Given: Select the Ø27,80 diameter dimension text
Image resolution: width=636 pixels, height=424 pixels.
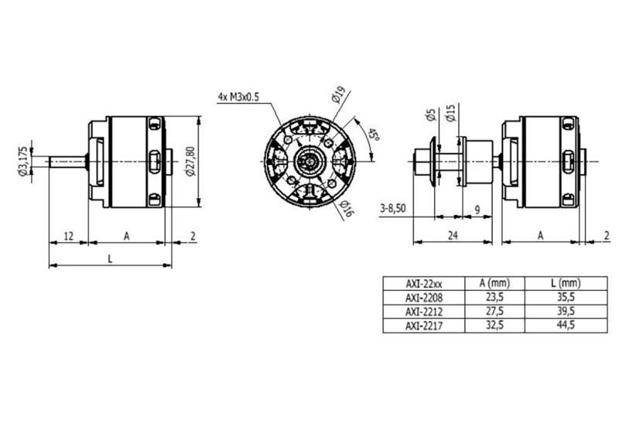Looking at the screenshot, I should click(x=190, y=160).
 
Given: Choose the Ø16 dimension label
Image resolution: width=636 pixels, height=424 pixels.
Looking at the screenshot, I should click(x=344, y=207).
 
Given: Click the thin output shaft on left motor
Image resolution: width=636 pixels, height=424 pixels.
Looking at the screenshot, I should click(x=68, y=161).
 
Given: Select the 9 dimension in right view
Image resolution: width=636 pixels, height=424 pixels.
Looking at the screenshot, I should click(x=477, y=209).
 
